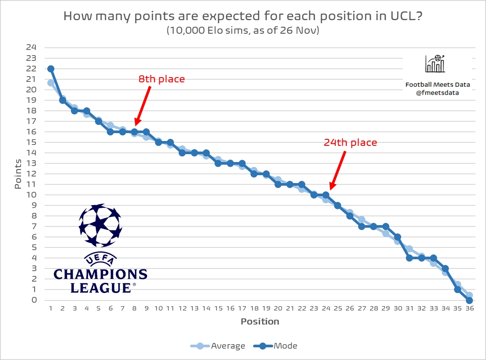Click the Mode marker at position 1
(51, 69)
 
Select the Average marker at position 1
(51, 83)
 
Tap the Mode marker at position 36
(469, 300)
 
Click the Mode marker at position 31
(409, 258)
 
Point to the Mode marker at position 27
(362, 226)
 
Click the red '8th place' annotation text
(162, 79)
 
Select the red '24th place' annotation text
(350, 142)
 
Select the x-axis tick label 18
(254, 308)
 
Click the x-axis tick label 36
(469, 308)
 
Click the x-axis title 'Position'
(260, 321)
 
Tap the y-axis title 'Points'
(18, 174)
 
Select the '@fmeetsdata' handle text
(435, 92)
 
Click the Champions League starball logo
(100, 225)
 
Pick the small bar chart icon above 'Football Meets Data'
(435, 64)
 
